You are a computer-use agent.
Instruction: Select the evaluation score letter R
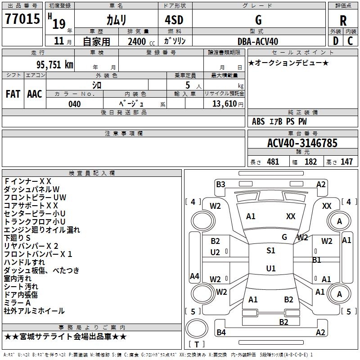tap(343, 20)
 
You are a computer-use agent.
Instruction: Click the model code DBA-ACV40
tap(258, 41)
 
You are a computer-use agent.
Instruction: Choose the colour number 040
tap(74, 104)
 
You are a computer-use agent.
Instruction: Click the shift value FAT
tap(13, 94)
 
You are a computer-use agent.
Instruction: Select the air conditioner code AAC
tap(35, 94)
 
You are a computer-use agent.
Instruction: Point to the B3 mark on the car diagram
tap(220, 184)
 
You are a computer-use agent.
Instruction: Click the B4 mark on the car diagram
tap(221, 333)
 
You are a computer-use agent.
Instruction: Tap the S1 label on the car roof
tap(270, 251)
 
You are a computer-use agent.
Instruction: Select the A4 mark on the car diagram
tap(194, 276)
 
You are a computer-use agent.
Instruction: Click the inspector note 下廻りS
tap(18, 238)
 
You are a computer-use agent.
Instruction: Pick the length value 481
tap(273, 162)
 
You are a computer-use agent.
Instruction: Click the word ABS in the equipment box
tap(258, 121)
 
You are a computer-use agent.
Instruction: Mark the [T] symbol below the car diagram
tap(196, 344)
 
